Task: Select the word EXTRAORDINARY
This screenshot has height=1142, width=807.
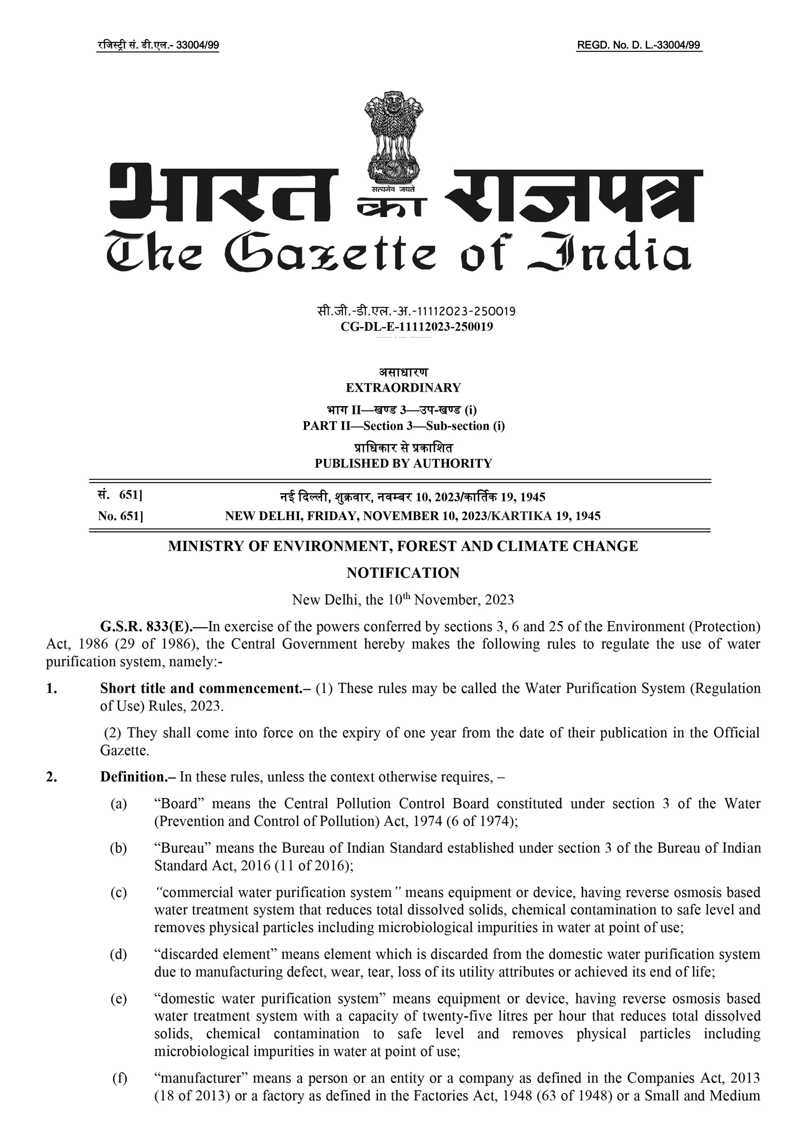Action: click(403, 388)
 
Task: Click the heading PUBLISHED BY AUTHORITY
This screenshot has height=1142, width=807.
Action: click(403, 463)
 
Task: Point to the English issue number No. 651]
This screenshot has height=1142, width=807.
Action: click(120, 516)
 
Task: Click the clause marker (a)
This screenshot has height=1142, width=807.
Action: click(118, 804)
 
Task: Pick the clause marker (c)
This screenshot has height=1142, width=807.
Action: click(118, 892)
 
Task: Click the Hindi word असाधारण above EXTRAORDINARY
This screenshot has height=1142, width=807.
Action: click(403, 372)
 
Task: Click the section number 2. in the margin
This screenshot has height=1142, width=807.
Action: click(51, 777)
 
